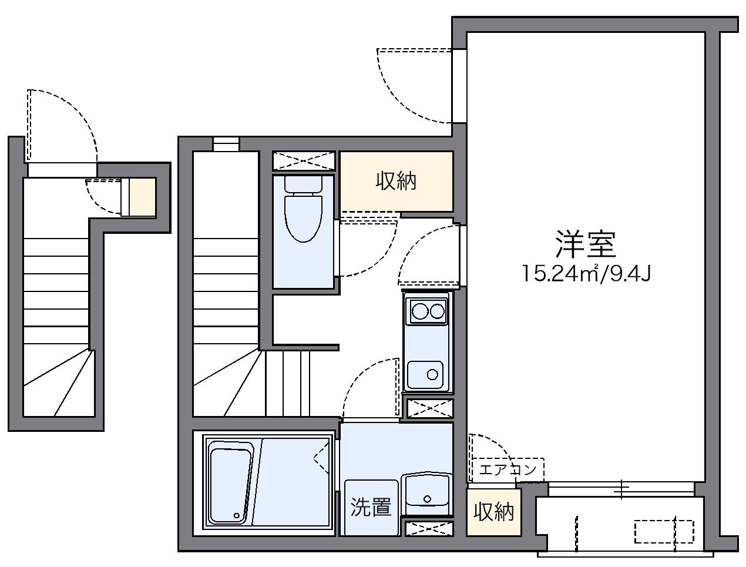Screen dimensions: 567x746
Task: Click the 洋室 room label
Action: pyautogui.click(x=586, y=245)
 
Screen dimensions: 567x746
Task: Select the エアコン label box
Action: pyautogui.click(x=508, y=469)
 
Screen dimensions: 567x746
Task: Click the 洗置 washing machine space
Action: pyautogui.click(x=371, y=507)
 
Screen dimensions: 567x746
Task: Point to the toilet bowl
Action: pyautogui.click(x=304, y=217)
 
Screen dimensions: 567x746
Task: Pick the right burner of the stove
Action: pyautogui.click(x=438, y=311)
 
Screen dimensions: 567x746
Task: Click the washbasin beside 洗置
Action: pyautogui.click(x=426, y=493)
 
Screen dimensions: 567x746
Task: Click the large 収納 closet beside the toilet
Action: pyautogui.click(x=396, y=181)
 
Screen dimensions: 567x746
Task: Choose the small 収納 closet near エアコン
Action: pyautogui.click(x=493, y=512)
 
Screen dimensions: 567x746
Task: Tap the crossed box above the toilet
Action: pyautogui.click(x=304, y=161)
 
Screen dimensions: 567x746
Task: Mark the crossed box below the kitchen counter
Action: pyautogui.click(x=430, y=408)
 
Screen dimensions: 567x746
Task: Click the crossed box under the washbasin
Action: pyautogui.click(x=429, y=528)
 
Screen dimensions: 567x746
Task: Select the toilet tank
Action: pyautogui.click(x=304, y=183)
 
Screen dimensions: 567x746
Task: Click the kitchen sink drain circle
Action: pyautogui.click(x=434, y=374)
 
